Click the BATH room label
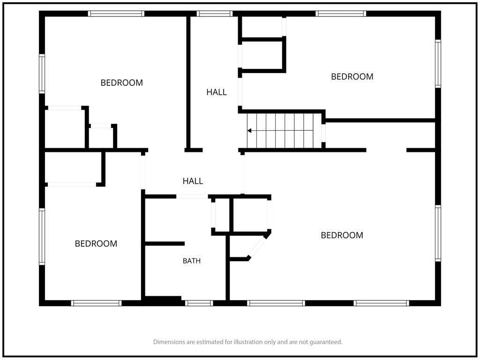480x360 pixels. tap(192, 261)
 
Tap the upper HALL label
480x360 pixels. tap(217, 92)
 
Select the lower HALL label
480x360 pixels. tap(193, 181)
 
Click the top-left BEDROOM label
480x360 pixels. tap(122, 82)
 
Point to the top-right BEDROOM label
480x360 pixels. tap(352, 76)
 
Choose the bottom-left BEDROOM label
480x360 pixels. tap(96, 244)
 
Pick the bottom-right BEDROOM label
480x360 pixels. tap(342, 235)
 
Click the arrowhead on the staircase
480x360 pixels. tap(249, 131)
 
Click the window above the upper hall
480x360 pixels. tap(215, 14)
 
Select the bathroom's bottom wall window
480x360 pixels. tap(199, 303)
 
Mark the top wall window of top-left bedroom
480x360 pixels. tap(116, 14)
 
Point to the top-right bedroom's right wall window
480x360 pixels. tap(438, 64)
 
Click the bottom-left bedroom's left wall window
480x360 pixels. tap(42, 237)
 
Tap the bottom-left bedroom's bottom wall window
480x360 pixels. tap(97, 303)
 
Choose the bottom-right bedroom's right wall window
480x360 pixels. tap(438, 233)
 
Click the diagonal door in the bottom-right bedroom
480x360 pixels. tap(258, 247)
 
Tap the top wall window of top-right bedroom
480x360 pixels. tap(341, 14)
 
